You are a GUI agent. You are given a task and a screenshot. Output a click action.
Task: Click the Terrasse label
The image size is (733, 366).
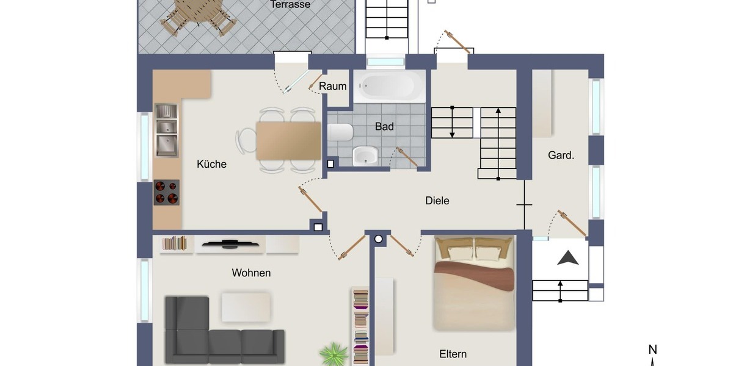290,5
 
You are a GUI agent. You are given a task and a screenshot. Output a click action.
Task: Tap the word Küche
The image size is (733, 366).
211,164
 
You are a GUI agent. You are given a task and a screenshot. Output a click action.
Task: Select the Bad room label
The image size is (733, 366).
384,127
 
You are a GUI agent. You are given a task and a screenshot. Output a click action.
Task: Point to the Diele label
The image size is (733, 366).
437,200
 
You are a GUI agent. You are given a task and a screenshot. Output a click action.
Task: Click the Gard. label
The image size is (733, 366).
561,156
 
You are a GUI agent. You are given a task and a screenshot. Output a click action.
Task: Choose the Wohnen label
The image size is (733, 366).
251,273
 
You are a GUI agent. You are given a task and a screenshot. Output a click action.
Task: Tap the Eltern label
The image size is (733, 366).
453,354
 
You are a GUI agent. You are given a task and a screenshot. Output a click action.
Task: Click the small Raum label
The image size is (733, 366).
333,86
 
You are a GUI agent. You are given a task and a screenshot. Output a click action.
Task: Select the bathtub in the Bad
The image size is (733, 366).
390,86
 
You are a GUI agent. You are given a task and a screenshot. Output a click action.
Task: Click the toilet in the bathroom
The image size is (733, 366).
341,132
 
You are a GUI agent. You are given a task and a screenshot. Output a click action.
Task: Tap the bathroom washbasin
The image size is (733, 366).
365,156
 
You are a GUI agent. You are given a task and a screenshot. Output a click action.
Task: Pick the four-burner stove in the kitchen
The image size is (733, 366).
166,192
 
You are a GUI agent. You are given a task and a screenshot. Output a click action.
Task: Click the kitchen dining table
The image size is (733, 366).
288,140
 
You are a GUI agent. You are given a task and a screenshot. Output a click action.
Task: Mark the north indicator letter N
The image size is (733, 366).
652,350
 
